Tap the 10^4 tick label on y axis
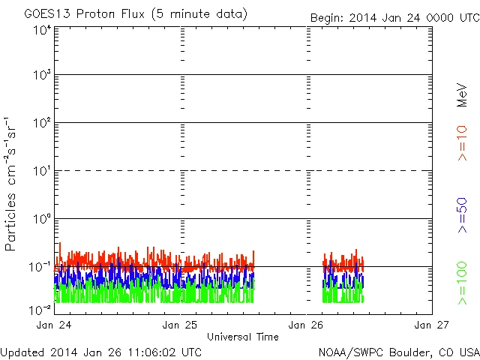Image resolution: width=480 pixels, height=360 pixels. pos(41,30)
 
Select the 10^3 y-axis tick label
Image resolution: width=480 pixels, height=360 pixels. pos(41,76)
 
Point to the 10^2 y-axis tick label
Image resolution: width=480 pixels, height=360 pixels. pos(41,124)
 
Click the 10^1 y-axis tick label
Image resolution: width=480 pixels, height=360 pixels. pos(41,172)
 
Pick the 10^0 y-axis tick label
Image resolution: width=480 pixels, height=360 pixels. pos(41,220)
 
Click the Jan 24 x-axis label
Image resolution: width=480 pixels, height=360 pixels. pos(55,325)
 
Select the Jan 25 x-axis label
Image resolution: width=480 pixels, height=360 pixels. pos(181,325)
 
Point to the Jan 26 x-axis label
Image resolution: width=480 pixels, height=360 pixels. pos(307,325)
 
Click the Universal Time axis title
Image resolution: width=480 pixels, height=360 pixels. pos(242,337)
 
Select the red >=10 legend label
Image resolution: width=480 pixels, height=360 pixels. pos(463,143)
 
